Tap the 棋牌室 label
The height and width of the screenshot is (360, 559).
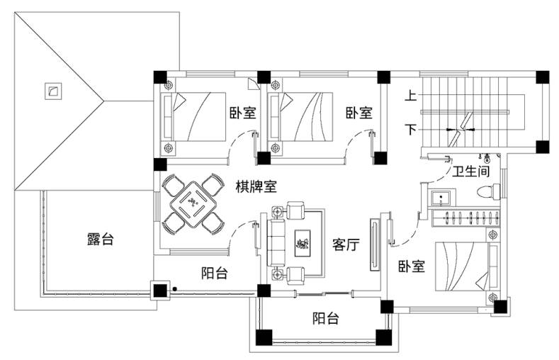click(x=256, y=186)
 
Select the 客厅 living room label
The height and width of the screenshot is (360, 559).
click(x=346, y=245)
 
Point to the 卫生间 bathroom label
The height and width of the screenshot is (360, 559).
click(x=471, y=171)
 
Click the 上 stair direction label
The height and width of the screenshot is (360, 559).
click(x=410, y=94)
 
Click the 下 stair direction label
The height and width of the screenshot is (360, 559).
click(x=410, y=129)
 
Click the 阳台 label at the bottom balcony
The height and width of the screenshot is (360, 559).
click(x=325, y=319)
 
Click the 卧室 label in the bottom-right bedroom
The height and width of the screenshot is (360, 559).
click(x=412, y=267)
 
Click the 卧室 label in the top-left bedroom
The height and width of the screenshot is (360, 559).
click(x=242, y=113)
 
